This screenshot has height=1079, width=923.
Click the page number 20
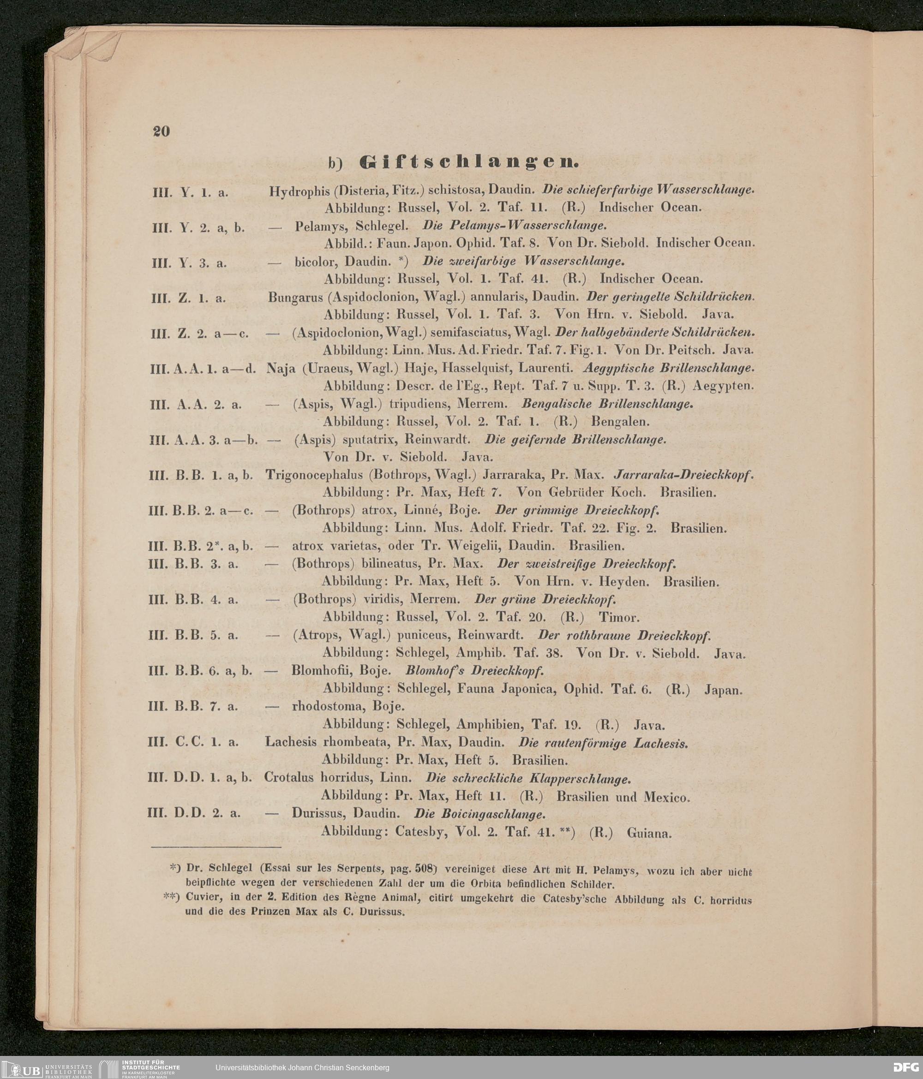pos(162,131)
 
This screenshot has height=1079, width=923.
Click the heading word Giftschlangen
pos(469,163)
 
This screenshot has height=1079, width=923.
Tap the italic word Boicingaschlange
pos(479,813)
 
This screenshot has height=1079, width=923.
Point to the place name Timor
pos(619,618)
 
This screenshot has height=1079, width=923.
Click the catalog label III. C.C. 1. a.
pos(193,743)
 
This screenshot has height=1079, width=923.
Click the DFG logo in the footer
pos(905,1067)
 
